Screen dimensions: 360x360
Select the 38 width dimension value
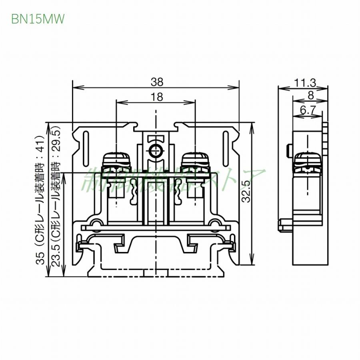click(157, 82)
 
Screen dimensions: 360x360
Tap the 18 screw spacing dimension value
click(156, 97)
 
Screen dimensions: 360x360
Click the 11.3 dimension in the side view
click(305, 83)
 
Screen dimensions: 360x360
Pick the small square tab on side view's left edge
click(288, 150)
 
